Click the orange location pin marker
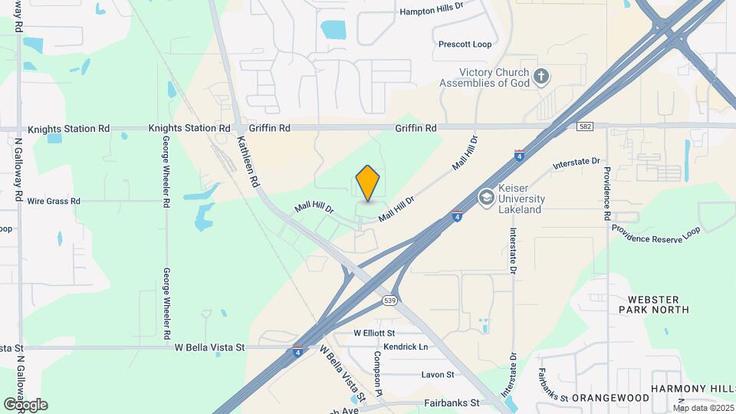(x=368, y=182)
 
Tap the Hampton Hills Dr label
(x=432, y=11)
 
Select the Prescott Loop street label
(x=465, y=44)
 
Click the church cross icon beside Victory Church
(x=541, y=76)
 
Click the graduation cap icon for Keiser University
(x=485, y=198)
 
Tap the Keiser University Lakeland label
(x=522, y=199)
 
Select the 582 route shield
(x=586, y=125)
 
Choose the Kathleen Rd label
(x=247, y=163)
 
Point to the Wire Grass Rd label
(x=54, y=202)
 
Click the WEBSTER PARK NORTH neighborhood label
(x=658, y=304)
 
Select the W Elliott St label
(x=373, y=333)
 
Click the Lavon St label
(x=438, y=375)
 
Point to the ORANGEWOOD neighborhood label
(x=606, y=398)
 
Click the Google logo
(x=25, y=405)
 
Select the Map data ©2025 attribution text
(x=703, y=408)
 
